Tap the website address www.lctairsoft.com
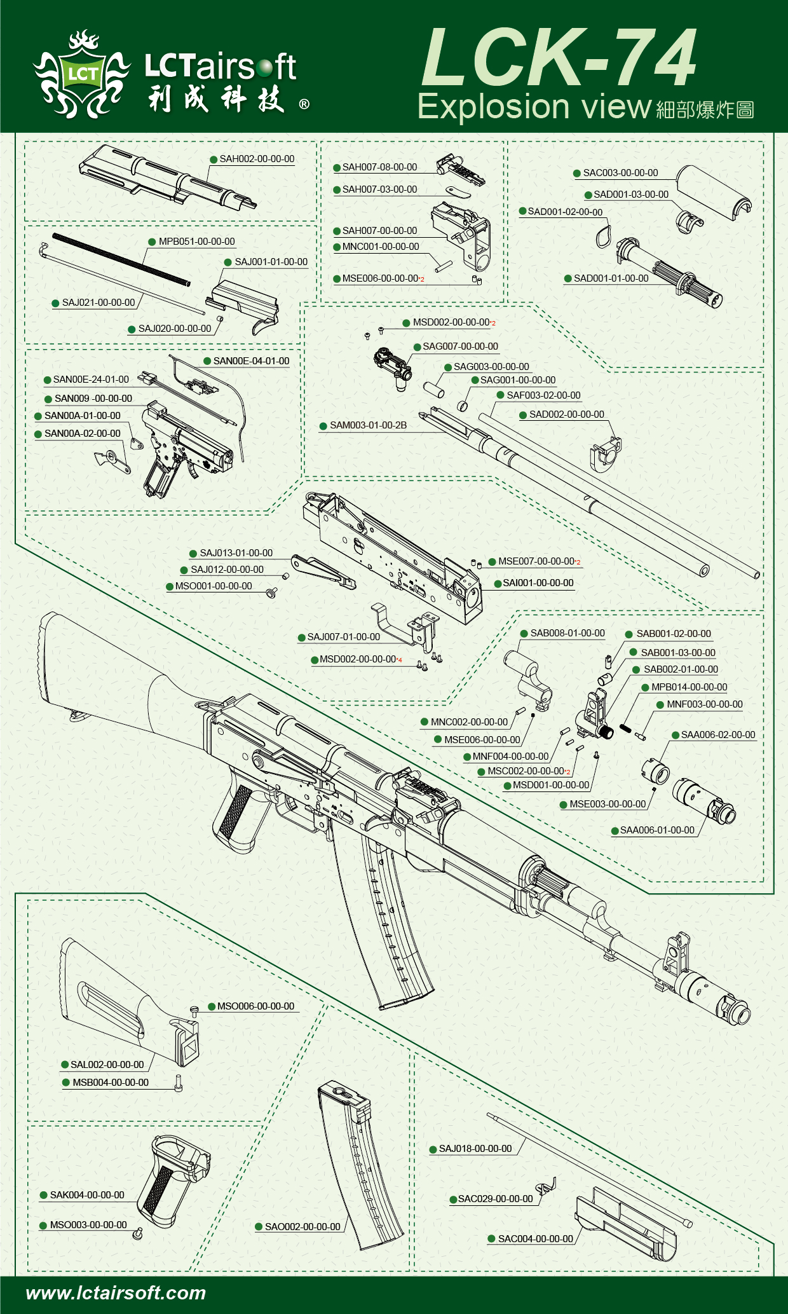(116, 1293)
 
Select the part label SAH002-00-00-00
(257, 159)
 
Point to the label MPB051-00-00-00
(196, 242)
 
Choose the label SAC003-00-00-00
(620, 173)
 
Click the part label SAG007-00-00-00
(460, 346)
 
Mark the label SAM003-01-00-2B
(368, 425)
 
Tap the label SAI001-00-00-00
(538, 583)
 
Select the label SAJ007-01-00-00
(343, 637)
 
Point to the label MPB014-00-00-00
(689, 687)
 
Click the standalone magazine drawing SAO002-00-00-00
(359, 1163)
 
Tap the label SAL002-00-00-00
(107, 1065)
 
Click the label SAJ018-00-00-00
(475, 1149)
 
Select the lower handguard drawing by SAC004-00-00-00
(626, 1224)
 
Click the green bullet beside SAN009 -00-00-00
(48, 399)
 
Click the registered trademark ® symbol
(304, 104)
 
